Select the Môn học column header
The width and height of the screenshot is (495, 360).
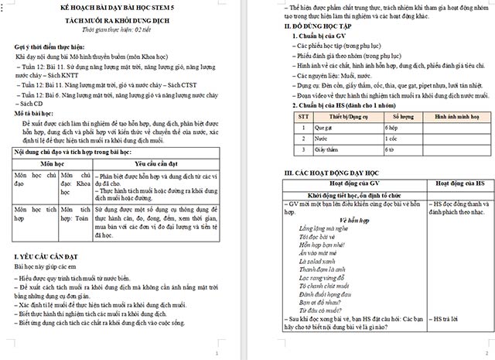[52, 164]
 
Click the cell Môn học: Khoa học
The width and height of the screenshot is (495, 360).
[75, 186]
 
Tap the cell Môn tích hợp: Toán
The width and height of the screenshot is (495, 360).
[75, 219]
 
